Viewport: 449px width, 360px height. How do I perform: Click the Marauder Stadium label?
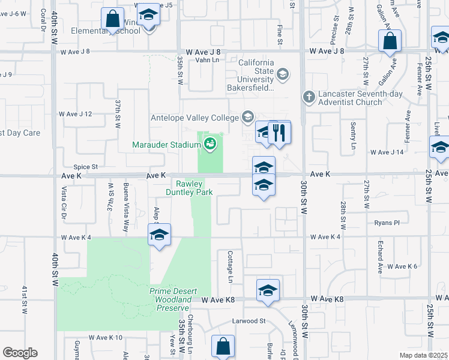[167, 144]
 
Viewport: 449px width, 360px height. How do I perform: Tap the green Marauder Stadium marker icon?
[209, 143]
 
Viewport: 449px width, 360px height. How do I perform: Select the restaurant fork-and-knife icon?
[279, 132]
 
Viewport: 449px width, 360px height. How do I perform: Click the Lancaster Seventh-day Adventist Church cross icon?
[309, 97]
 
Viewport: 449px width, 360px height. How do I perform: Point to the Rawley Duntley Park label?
[194, 188]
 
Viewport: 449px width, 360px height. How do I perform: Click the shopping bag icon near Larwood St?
[223, 346]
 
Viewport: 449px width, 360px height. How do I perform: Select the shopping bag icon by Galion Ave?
[390, 41]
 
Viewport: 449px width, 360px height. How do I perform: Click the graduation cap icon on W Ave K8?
[267, 291]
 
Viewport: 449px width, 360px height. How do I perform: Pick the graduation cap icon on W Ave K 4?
[159, 235]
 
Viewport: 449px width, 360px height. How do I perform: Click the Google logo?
[20, 352]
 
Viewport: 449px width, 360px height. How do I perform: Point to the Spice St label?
[85, 167]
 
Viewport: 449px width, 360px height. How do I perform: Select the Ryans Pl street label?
[387, 223]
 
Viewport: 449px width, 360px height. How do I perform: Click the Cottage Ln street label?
[230, 266]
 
